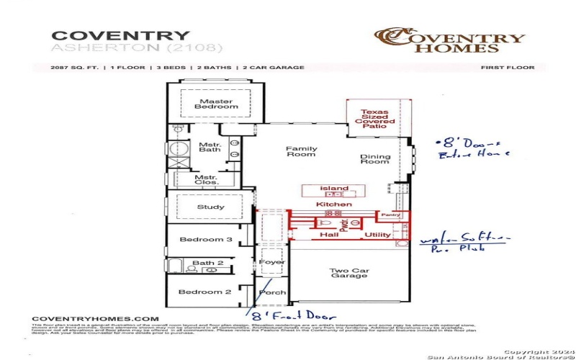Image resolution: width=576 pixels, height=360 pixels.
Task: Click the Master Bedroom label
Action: [216, 104]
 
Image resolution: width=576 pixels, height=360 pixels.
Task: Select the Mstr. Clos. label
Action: [207, 180]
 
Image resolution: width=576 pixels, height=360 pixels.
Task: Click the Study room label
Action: [210, 207]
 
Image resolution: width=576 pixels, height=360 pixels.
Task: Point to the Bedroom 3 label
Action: [206, 239]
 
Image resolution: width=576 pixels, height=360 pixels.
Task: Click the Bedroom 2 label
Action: [206, 292]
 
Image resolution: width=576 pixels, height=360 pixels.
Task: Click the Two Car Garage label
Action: [349, 274]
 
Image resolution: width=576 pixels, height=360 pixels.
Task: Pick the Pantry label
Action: [391, 215]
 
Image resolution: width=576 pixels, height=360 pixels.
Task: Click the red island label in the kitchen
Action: [335, 189]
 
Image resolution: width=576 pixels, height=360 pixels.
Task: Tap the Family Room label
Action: [302, 151]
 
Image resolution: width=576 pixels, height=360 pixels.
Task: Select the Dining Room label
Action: [375, 160]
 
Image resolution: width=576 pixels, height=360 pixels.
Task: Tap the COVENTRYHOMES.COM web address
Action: [94, 318]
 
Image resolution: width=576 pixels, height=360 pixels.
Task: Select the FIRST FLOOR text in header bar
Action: [508, 68]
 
